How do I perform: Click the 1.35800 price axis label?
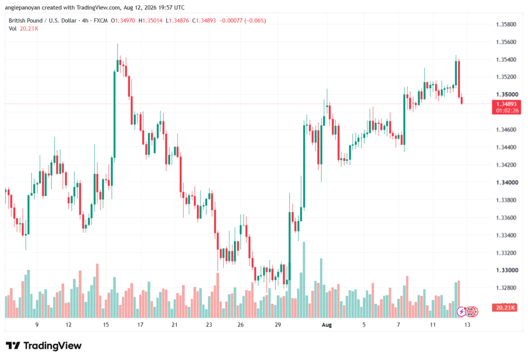506,24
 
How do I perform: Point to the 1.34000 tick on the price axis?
506,183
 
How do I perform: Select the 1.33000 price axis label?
506,270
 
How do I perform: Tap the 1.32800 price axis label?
506,288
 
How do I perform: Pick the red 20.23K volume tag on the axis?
504,307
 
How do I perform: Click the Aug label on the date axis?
326,325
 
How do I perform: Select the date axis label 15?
106,325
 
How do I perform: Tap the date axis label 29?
278,325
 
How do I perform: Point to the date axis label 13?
467,325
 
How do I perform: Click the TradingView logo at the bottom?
44,346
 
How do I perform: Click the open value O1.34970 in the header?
123,21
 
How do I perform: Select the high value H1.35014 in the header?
151,21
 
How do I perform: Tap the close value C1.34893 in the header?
204,21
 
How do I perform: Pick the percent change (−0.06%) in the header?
255,21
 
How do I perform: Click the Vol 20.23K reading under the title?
24,29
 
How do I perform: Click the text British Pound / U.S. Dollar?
42,21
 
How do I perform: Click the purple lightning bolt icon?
461,312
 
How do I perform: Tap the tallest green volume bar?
304,280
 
